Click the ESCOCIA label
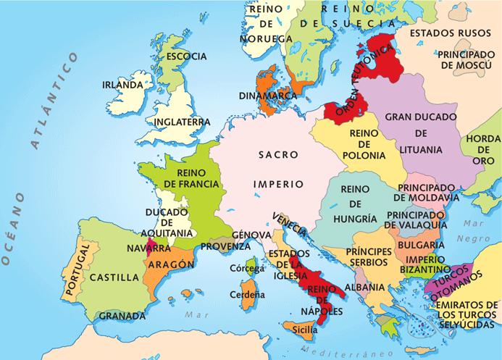(x=186, y=56)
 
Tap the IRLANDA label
(x=122, y=85)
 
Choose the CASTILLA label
(x=114, y=277)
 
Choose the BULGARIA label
(x=415, y=245)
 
